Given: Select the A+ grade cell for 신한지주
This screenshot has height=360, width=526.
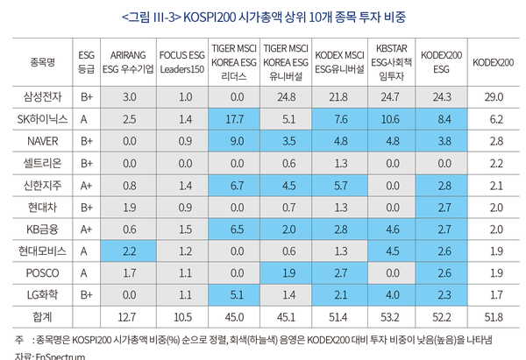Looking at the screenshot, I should [x=86, y=186].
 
